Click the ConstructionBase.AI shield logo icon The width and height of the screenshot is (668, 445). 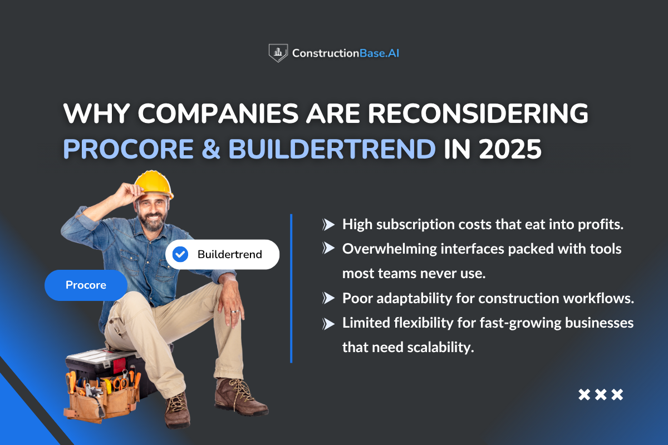[x=278, y=53]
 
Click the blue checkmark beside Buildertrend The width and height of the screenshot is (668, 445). [x=180, y=255]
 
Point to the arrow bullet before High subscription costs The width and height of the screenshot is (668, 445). [x=328, y=225]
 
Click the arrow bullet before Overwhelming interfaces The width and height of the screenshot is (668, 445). [x=328, y=249]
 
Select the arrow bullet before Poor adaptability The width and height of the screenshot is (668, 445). [x=328, y=298]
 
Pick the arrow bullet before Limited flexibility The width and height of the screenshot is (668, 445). [x=328, y=323]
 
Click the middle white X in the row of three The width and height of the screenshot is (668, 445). [x=601, y=395]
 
